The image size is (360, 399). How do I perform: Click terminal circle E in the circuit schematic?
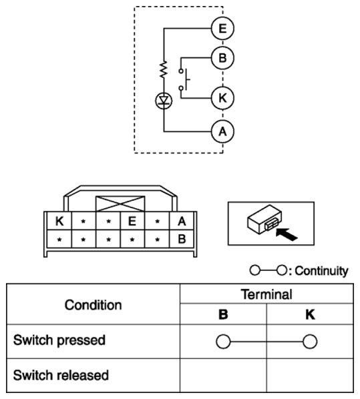[x=222, y=28]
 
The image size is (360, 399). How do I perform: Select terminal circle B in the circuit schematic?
[x=222, y=58]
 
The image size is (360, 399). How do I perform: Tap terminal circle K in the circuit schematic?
[x=222, y=98]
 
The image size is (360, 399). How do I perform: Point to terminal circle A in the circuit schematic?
[x=222, y=131]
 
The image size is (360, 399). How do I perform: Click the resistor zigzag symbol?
[x=164, y=69]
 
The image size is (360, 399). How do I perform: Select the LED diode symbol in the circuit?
[x=164, y=101]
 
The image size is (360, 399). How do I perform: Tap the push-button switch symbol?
[x=184, y=79]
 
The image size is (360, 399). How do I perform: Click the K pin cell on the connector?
[x=59, y=221]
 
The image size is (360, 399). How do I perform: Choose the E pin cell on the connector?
[x=132, y=221]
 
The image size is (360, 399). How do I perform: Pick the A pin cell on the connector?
[x=182, y=221]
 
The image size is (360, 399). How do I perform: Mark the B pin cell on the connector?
[x=182, y=239]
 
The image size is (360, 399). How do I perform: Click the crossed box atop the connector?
[x=120, y=204]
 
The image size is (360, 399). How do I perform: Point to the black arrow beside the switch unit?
[x=287, y=234]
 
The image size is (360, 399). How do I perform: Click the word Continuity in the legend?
[x=321, y=271]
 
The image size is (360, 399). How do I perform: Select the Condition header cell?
[x=93, y=304]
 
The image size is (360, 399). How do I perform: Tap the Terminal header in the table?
[x=266, y=294]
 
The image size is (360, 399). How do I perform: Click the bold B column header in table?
[x=223, y=314]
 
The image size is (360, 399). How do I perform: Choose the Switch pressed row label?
[x=59, y=340]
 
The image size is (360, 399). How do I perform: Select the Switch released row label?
[x=61, y=375]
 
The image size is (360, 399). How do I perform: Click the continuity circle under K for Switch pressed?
[x=310, y=342]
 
